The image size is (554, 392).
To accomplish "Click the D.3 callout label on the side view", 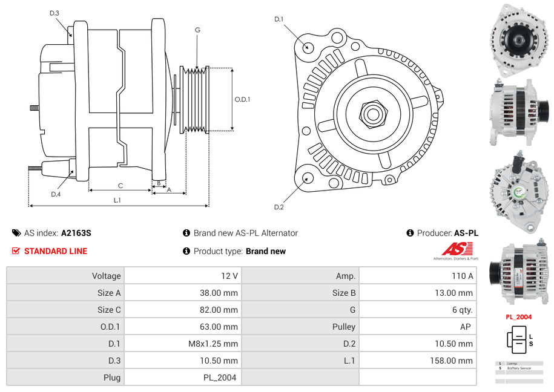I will coord(54,13).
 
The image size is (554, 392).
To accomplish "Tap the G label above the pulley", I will coord(197,30).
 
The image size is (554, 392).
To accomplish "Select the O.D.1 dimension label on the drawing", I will coord(242,100).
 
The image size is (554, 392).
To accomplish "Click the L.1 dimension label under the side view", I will coord(117,200).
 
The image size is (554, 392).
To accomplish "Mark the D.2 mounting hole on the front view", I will coord(308,178).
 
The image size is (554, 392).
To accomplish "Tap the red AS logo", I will coord(457,249).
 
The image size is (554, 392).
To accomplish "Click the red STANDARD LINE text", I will coord(55,251).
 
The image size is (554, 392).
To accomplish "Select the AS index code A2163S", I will coord(76,233).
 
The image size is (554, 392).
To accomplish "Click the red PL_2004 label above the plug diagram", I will coord(519,316).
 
